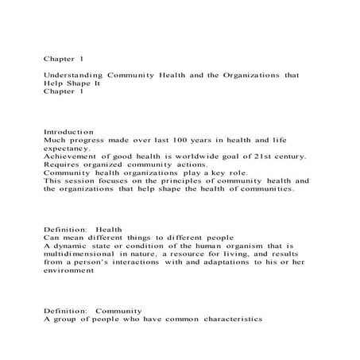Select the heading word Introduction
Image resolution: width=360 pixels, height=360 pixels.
(x=68, y=131)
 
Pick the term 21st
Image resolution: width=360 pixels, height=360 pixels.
(x=261, y=157)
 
